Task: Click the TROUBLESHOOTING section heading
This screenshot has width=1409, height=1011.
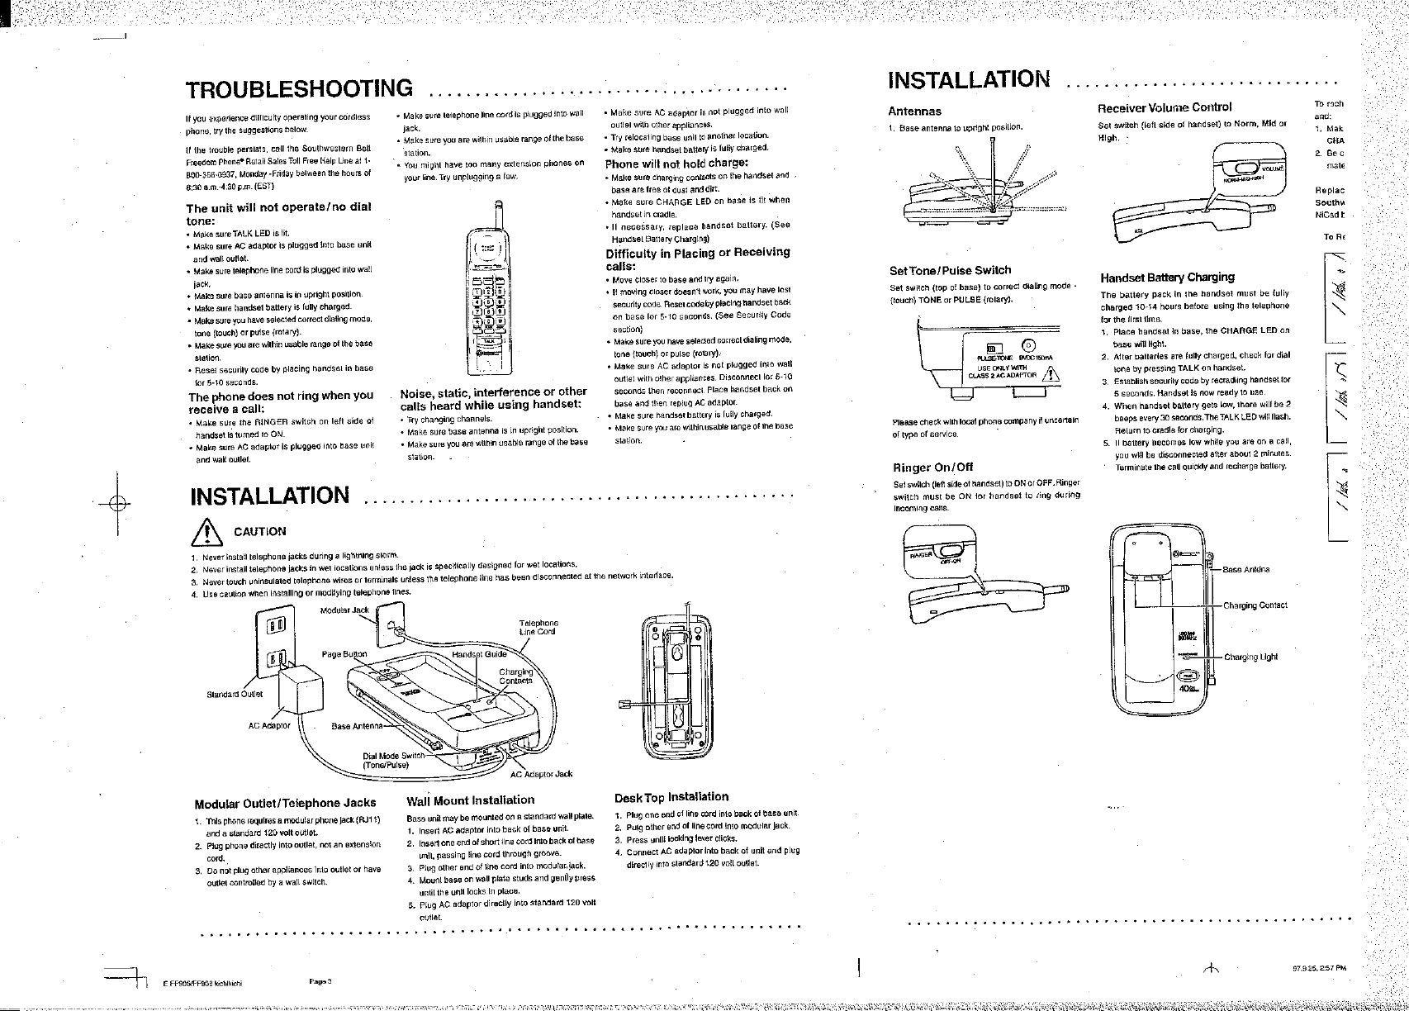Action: pos(299,88)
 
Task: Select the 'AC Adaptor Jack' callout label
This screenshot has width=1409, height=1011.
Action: pos(541,774)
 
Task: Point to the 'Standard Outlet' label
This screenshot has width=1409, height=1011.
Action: pos(234,694)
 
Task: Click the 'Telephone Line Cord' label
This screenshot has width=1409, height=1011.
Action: pos(538,628)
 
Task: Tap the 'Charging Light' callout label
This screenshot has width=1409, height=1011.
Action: pos(1250,657)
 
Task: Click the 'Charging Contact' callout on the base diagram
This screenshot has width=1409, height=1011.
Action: pos(1255,605)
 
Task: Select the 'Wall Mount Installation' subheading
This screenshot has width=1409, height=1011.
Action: pos(471,800)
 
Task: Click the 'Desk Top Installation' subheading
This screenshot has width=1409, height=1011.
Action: pos(671,797)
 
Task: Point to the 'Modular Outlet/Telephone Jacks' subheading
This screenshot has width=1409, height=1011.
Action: pos(285,803)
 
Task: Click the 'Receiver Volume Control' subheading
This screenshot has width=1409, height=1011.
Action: pos(1164,107)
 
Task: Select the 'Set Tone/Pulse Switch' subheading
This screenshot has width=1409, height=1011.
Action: pos(949,270)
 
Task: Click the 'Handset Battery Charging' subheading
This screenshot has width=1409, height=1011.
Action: pos(1167,277)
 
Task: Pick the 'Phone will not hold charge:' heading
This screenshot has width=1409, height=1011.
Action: pos(676,163)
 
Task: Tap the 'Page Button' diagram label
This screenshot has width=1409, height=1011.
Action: pos(344,654)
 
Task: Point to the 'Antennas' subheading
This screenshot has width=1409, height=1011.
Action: pos(914,111)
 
